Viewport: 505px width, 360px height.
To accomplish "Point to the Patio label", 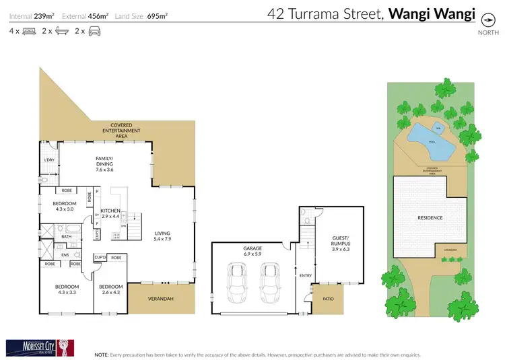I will pyautogui.click(x=328, y=299).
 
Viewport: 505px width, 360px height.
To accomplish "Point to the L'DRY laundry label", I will pyautogui.click(x=48, y=160).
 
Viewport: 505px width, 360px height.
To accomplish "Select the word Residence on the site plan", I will pyautogui.click(x=430, y=217).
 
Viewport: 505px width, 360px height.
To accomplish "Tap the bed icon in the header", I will pyautogui.click(x=29, y=31).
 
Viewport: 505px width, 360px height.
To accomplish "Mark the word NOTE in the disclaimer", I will pyautogui.click(x=102, y=354).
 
